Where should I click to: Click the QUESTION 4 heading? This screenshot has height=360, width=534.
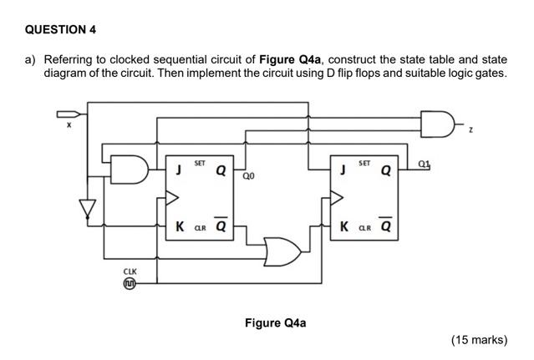(61, 29)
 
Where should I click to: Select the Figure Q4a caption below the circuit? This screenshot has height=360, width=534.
(275, 322)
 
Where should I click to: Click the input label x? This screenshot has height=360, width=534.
(69, 126)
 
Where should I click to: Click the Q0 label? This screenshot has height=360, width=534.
(248, 177)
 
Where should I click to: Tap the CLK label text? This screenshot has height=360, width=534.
(130, 271)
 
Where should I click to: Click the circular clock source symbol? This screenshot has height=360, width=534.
(130, 284)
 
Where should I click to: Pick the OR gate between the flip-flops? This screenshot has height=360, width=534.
(282, 248)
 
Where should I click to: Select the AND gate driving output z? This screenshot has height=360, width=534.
(435, 123)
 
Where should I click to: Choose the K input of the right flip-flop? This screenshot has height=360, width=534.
(343, 226)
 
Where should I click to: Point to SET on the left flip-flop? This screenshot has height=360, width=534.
(200, 162)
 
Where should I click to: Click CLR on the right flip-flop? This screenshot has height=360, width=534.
(365, 228)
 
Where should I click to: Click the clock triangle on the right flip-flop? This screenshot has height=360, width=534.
(337, 198)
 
